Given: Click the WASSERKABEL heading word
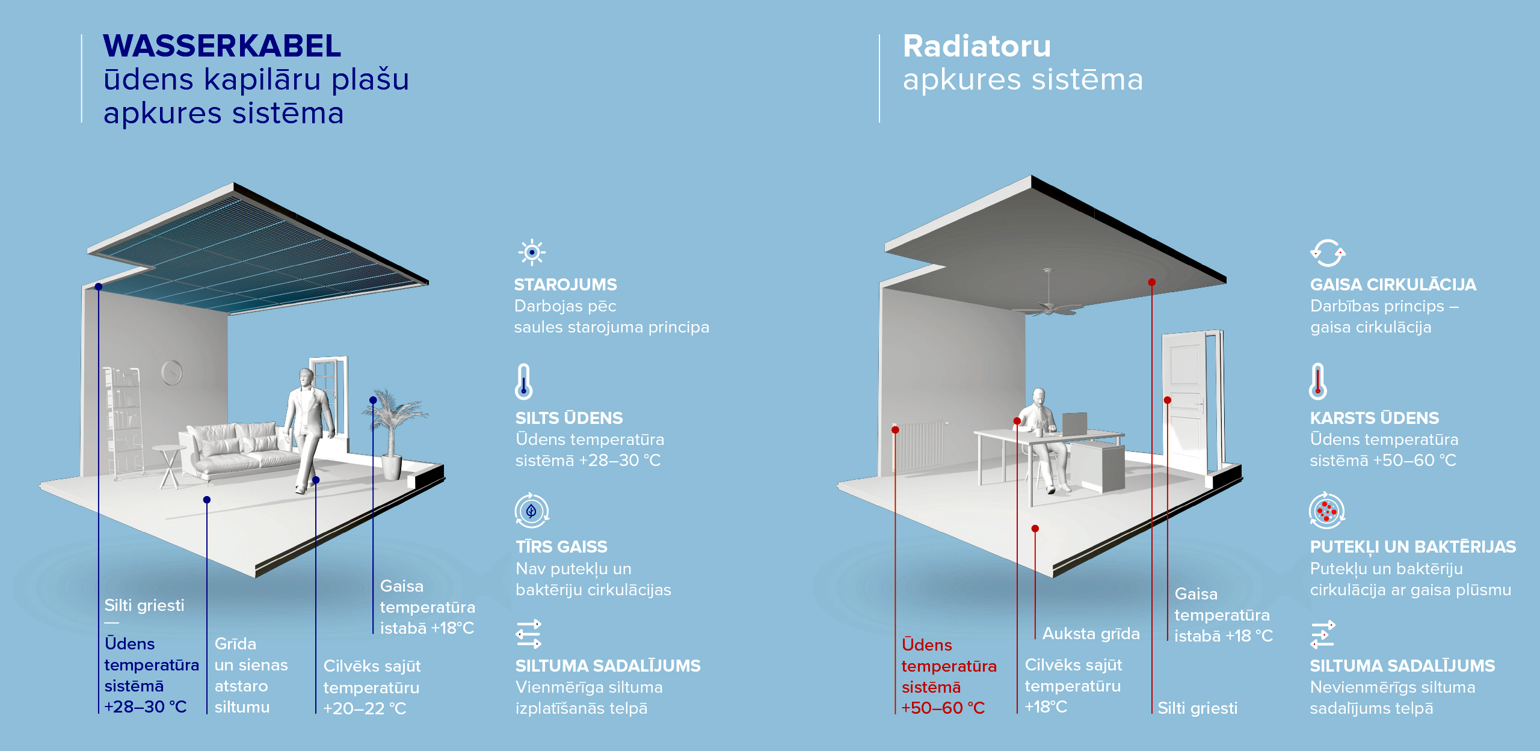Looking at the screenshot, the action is point(222,46).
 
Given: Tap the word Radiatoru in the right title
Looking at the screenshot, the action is point(977,46).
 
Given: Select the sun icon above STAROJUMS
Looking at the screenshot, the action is point(532,253).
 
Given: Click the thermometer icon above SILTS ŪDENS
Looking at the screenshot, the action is point(524,382).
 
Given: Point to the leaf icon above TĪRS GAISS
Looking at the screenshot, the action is point(531,511).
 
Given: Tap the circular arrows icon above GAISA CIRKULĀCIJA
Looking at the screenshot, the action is point(1328,253).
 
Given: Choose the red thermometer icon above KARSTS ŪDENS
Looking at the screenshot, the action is point(1318,382).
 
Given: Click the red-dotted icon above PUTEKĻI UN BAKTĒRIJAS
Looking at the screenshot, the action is point(1327,511).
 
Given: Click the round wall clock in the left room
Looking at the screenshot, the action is point(172,373).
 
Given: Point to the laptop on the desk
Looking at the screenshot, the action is point(1075,424).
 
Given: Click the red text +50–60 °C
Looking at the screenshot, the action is point(943,708).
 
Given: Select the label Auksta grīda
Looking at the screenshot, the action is point(1091,633).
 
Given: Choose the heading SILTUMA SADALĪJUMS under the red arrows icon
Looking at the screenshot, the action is point(1402,666).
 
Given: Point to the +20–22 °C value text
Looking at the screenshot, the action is point(365,708).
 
